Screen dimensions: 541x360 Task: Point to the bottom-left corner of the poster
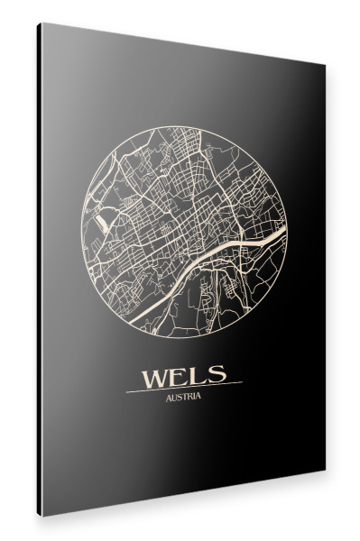click(x=40, y=516)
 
